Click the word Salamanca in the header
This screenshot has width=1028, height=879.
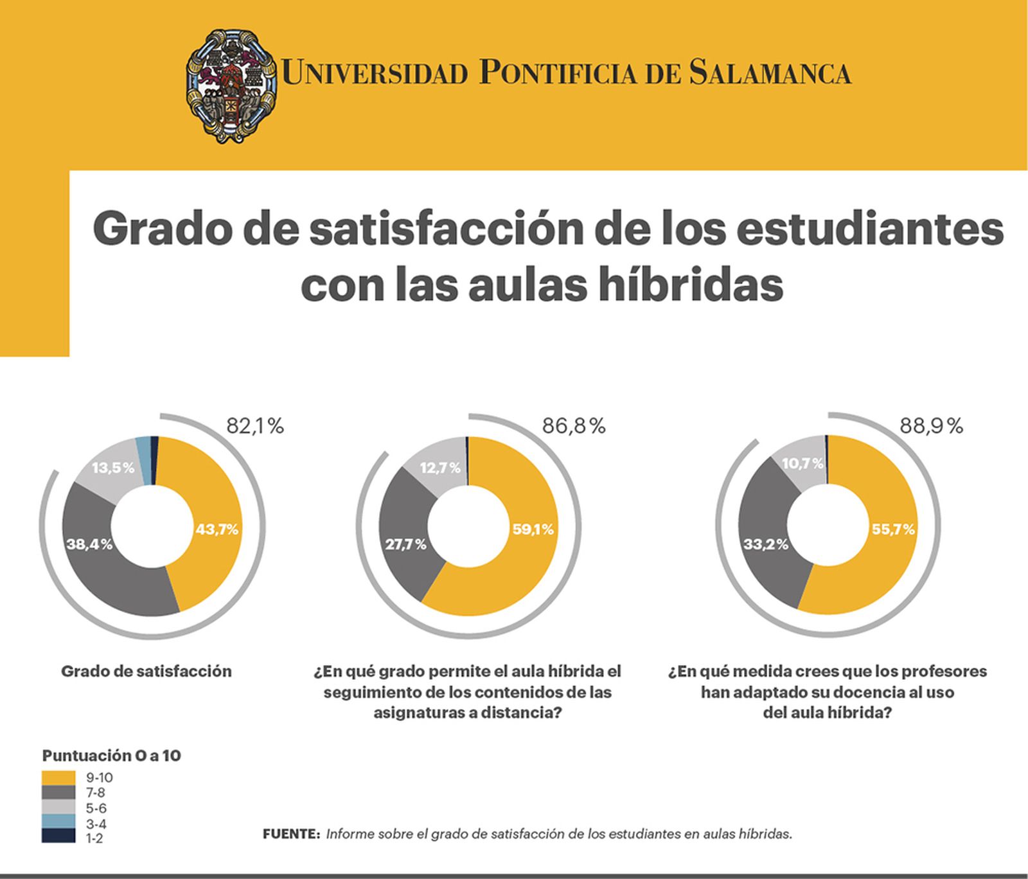pos(770,73)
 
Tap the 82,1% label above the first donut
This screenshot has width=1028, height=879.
pos(255,426)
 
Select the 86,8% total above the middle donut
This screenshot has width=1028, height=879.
pos(574,426)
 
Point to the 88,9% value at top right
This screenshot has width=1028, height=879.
pos(931,426)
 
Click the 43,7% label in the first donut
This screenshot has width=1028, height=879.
pos(217,529)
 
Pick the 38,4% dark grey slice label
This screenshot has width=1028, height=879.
pos(89,544)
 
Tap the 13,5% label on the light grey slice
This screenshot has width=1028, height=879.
pos(113,468)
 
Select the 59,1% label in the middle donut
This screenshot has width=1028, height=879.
pos(533,529)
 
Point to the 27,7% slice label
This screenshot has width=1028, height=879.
pos(405,544)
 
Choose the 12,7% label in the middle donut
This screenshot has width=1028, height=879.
pos(440,468)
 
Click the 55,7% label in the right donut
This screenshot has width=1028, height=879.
pos(893,529)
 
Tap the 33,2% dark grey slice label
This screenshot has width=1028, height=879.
pos(766,544)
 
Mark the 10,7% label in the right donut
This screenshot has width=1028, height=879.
pos(802,463)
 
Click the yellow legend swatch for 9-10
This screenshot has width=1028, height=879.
pos(58,777)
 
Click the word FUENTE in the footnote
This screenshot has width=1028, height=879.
pos(291,834)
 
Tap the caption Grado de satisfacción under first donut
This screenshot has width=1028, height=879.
pos(146,671)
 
